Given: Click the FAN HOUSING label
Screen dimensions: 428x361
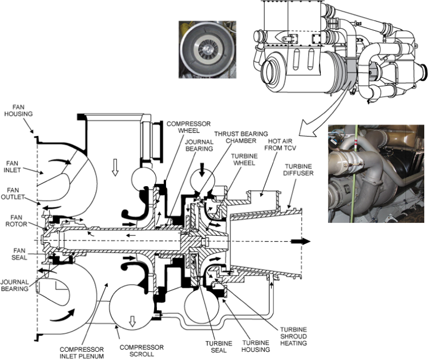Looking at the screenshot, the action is pyautogui.click(x=19, y=110).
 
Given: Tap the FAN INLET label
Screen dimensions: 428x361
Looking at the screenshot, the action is pyautogui.click(x=12, y=167).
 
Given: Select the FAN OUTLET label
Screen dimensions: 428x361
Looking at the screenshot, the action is pyautogui.click(x=13, y=194).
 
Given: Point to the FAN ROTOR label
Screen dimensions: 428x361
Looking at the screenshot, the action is pyautogui.click(x=17, y=221).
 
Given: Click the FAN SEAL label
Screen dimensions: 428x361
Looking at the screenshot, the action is pyautogui.click(x=19, y=254).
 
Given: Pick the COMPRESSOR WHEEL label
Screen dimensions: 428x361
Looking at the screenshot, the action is pyautogui.click(x=189, y=127).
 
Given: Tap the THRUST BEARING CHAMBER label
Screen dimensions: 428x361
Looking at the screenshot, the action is pyautogui.click(x=241, y=137).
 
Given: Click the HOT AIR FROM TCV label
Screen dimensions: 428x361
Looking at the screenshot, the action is pyautogui.click(x=280, y=145).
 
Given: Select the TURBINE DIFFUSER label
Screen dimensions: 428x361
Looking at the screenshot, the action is pyautogui.click(x=298, y=170).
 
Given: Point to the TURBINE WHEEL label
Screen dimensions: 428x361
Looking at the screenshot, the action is pyautogui.click(x=244, y=159).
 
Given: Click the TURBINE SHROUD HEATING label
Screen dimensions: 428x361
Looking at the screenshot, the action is pyautogui.click(x=293, y=336).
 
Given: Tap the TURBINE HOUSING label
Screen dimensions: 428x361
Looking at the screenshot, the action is pyautogui.click(x=256, y=346).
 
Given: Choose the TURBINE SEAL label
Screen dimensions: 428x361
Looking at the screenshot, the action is pyautogui.click(x=219, y=347).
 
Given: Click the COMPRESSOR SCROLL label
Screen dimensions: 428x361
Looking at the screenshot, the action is pyautogui.click(x=142, y=351).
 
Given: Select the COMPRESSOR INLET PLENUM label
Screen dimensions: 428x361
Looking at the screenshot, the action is pyautogui.click(x=82, y=353).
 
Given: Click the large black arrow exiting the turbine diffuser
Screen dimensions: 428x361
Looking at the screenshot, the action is pyautogui.click(x=301, y=241).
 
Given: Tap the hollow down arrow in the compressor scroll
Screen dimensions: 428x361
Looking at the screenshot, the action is pyautogui.click(x=132, y=321).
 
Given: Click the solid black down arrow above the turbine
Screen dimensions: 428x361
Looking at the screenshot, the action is pyautogui.click(x=202, y=170).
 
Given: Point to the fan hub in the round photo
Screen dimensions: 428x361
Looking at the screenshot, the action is pyautogui.click(x=208, y=50).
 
